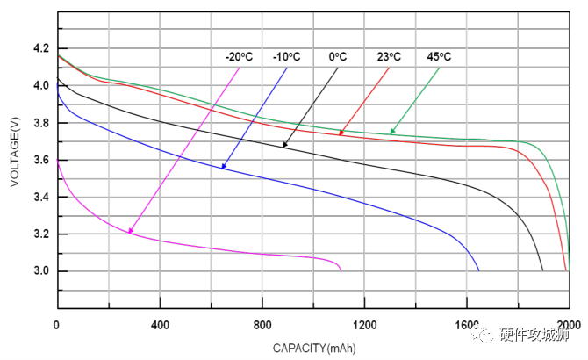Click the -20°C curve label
pos(238,57)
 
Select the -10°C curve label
pos(286,57)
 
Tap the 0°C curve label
pos(337,57)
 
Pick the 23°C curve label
pos(389,57)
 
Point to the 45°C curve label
pos(439,57)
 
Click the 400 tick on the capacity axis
pos(159,326)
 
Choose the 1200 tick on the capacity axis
pos(364,326)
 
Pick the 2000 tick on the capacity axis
pos(569,326)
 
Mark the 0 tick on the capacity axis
pos(57,326)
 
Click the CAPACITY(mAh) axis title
pos(313,348)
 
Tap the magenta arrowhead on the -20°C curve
pos(130,232)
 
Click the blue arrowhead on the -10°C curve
pos(224,166)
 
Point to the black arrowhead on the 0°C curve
pos(284,145)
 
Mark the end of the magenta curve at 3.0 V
pos(341,270)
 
